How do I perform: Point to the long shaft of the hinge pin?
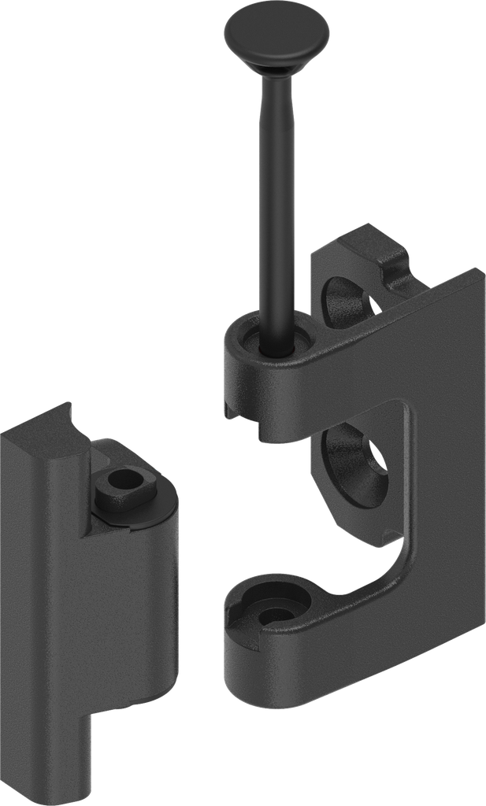coord(277,197)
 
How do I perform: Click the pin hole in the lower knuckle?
coord(273,615)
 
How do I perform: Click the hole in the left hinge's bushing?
coord(121,478)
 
